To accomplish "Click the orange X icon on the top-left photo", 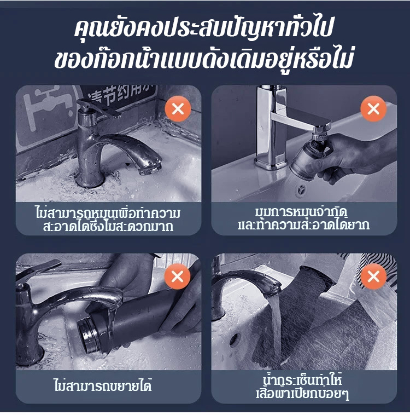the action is [x=178, y=109].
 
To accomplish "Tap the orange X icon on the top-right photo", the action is [x=373, y=109].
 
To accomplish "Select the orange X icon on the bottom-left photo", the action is [x=177, y=276].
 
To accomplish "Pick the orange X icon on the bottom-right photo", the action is [x=373, y=276].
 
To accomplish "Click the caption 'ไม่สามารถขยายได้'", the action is [x=103, y=385].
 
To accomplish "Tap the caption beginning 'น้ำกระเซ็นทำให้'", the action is [x=303, y=388].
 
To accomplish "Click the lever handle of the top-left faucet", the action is [x=99, y=108].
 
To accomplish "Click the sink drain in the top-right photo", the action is [x=301, y=189].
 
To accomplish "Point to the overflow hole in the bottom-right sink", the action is [x=235, y=339].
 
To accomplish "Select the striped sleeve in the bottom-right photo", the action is [x=378, y=267].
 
